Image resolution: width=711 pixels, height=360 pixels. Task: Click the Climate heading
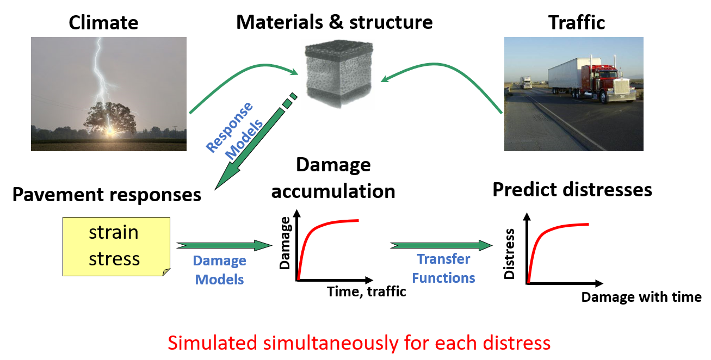pyautogui.click(x=103, y=23)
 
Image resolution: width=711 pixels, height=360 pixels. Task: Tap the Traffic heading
pyautogui.click(x=577, y=23)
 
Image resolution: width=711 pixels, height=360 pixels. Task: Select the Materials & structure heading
pyautogui.click(x=335, y=22)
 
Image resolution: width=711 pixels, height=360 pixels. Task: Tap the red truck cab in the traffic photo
pyautogui.click(x=604, y=82)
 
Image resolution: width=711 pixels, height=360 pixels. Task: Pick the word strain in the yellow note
pyautogui.click(x=114, y=233)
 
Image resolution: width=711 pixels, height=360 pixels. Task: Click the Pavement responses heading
pyautogui.click(x=107, y=195)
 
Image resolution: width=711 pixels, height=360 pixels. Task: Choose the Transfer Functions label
pyautogui.click(x=443, y=268)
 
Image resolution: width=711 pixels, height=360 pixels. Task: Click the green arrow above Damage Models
pyautogui.click(x=224, y=246)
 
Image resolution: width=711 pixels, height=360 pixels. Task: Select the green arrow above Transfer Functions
pyautogui.click(x=441, y=245)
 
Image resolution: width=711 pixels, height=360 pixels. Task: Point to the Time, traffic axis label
pyautogui.click(x=367, y=291)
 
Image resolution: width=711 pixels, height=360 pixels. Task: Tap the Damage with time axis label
pyautogui.click(x=641, y=297)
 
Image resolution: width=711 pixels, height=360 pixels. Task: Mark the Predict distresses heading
pyautogui.click(x=572, y=190)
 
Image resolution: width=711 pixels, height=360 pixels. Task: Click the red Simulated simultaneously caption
pyautogui.click(x=359, y=343)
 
